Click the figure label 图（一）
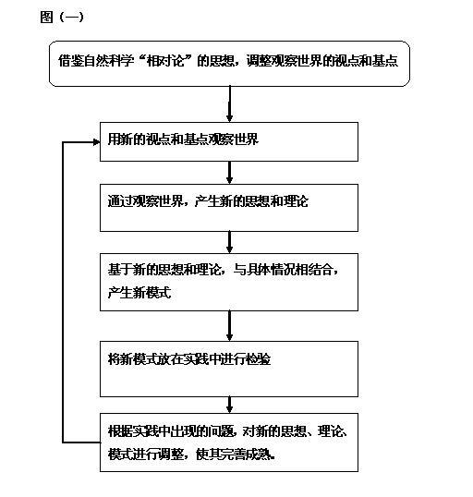point(62,18)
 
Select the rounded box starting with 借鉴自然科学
point(229,64)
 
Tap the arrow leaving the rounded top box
point(229,104)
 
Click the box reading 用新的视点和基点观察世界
point(229,141)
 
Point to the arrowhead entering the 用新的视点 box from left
point(96,142)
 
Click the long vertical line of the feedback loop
point(63,292)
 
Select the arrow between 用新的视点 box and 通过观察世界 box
point(229,173)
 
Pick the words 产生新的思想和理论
point(251,201)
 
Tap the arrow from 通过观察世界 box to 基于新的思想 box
point(229,242)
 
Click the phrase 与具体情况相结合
point(283,270)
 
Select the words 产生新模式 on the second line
point(139,292)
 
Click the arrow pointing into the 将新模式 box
point(229,326)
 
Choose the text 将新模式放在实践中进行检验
point(189,359)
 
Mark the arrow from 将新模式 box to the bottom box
point(229,405)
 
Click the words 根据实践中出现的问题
point(171,431)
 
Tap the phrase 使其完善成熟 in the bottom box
point(234,455)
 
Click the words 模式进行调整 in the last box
point(146,455)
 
